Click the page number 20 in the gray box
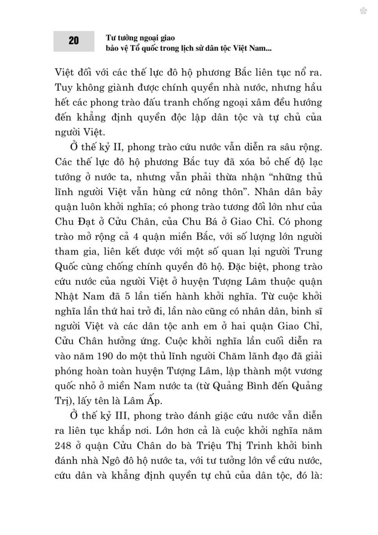[x=74, y=41]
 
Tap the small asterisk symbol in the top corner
[x=364, y=12]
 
